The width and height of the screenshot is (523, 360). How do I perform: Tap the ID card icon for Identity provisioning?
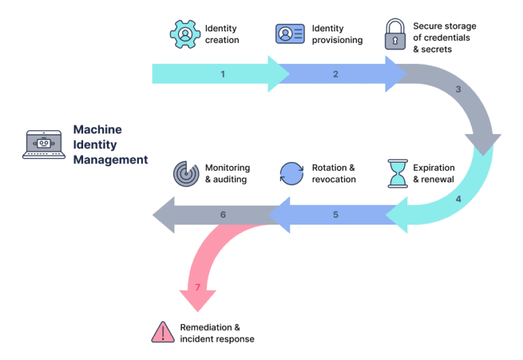pyautogui.click(x=289, y=34)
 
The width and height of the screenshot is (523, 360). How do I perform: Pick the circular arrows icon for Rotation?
pyautogui.click(x=291, y=173)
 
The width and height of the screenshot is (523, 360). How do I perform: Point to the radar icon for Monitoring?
pyautogui.click(x=185, y=173)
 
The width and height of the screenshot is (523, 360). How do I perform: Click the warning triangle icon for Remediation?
pyautogui.click(x=163, y=332)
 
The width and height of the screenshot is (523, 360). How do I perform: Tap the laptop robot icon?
pyautogui.click(x=44, y=144)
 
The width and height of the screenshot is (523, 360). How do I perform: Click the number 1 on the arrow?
pyautogui.click(x=223, y=74)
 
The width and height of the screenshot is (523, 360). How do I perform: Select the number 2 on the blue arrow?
pyautogui.click(x=336, y=74)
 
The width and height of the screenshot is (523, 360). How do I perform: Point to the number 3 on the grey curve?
pyautogui.click(x=458, y=89)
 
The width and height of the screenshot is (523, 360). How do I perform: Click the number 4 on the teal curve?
pyautogui.click(x=458, y=199)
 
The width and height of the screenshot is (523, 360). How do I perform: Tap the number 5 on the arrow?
pyautogui.click(x=336, y=214)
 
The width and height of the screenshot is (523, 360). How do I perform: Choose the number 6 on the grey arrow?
pyautogui.click(x=223, y=214)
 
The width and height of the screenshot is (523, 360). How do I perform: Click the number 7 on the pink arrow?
pyautogui.click(x=197, y=287)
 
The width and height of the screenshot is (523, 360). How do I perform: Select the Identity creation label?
pyautogui.click(x=222, y=34)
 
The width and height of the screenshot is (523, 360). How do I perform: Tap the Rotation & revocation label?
pyautogui.click(x=334, y=173)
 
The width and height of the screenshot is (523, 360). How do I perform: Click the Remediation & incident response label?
pyautogui.click(x=217, y=333)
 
